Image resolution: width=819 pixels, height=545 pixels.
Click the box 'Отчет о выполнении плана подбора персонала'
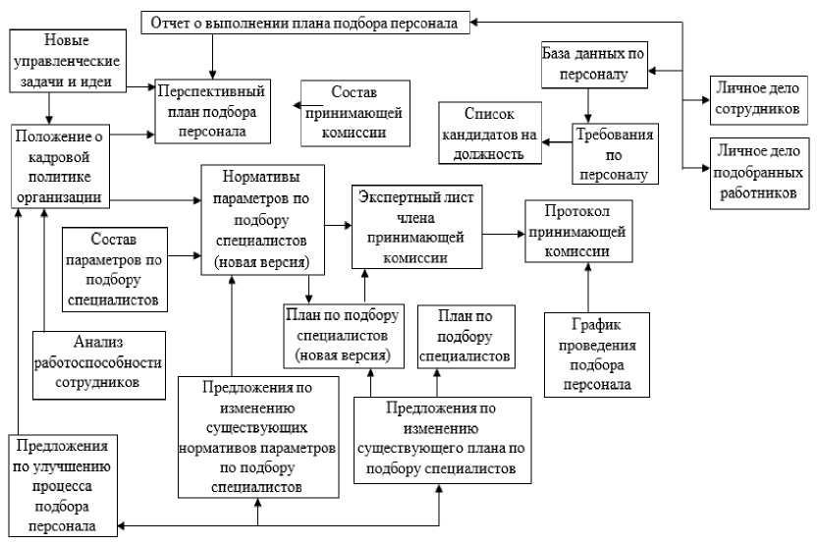[305, 22]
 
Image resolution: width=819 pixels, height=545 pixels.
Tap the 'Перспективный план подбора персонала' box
[211, 109]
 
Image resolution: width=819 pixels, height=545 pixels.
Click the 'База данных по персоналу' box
[596, 63]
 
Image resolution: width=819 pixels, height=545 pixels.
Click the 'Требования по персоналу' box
[614, 153]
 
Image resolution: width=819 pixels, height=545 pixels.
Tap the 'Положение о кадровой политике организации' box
[57, 164]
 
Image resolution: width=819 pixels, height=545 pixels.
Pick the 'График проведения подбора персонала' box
[599, 354]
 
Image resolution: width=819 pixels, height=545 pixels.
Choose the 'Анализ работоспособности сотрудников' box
[99, 363]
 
